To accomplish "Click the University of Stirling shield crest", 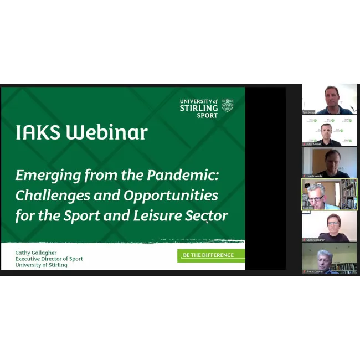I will [227, 105].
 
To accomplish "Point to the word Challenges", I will [50, 196].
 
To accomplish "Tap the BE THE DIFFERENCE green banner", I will [210, 255].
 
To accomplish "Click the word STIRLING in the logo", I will [198, 108].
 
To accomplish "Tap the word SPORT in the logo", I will [207, 115].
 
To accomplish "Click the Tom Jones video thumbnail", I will [329, 99].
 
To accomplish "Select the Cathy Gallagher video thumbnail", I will [329, 227].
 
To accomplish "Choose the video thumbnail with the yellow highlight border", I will [329, 194].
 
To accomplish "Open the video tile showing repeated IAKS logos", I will [329, 131].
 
